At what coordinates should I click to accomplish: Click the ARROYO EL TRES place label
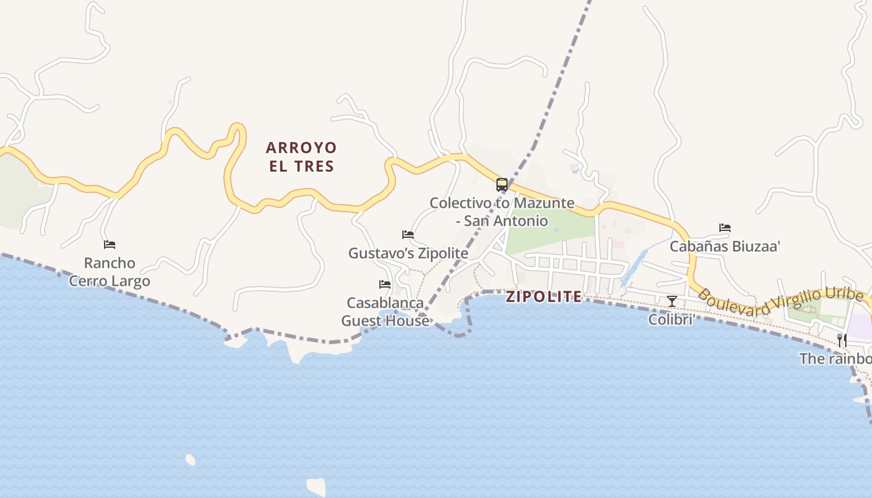(x=301, y=157)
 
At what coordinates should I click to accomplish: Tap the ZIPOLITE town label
(x=544, y=297)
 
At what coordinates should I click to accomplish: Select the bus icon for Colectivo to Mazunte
(x=502, y=184)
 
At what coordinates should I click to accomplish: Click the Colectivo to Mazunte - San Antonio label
(x=502, y=212)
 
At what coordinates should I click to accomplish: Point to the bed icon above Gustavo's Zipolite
(x=408, y=235)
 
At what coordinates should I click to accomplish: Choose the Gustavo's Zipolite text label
(x=408, y=253)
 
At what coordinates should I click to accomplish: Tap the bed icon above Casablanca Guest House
(x=385, y=284)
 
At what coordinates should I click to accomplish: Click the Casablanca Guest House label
(x=385, y=312)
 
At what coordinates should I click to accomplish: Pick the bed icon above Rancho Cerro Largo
(x=110, y=245)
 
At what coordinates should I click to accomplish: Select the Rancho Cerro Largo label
(x=110, y=272)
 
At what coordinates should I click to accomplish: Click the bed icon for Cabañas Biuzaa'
(x=725, y=228)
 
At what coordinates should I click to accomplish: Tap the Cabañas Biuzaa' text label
(x=725, y=247)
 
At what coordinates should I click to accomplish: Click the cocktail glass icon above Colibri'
(x=671, y=301)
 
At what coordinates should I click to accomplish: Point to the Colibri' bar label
(x=671, y=320)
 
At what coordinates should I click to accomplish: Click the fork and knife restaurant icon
(x=841, y=340)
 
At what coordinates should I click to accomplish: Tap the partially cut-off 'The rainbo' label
(x=835, y=359)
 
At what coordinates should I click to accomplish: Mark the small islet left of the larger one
(x=190, y=460)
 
